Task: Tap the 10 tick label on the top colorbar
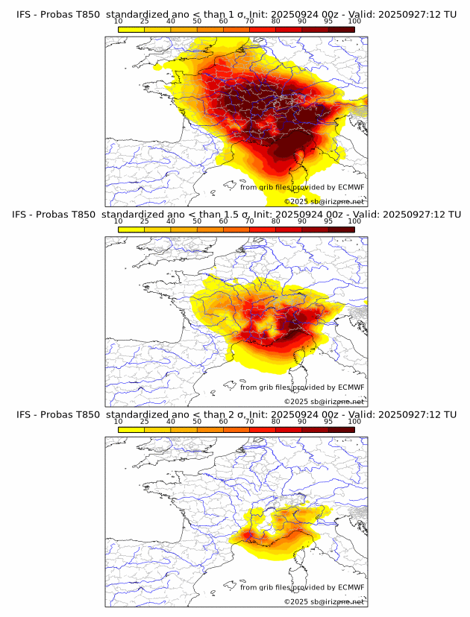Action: [118, 22]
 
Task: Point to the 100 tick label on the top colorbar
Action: [354, 22]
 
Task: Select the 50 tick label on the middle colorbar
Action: [197, 221]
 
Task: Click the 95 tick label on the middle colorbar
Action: [328, 221]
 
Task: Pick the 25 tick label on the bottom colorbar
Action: [144, 421]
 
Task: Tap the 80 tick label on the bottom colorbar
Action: [275, 421]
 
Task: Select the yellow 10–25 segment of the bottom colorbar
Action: [131, 428]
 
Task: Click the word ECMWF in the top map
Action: [351, 188]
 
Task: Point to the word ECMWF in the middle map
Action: [351, 387]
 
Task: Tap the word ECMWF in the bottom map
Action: [351, 587]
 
